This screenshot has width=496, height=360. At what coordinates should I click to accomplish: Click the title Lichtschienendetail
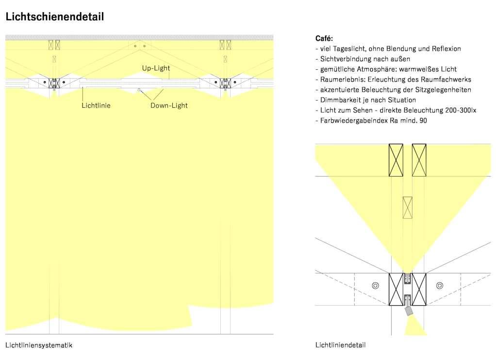tap(54, 17)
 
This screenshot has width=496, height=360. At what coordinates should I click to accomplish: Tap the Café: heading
tap(324, 38)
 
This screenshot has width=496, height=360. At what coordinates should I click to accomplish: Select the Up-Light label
tap(156, 68)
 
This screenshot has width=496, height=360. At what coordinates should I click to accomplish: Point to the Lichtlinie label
tap(96, 105)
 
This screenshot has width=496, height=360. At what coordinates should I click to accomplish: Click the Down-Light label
tap(169, 105)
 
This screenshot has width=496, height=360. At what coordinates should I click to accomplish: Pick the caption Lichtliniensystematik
tap(39, 345)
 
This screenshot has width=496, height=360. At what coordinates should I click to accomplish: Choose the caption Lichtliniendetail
tap(340, 345)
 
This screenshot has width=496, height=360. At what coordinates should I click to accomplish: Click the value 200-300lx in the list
tap(461, 110)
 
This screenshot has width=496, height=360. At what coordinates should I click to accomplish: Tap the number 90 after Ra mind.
tap(423, 120)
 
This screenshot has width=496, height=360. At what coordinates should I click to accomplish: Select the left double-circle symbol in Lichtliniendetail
tap(375, 285)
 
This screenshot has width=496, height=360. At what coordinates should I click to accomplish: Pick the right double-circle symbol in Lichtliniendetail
tap(440, 285)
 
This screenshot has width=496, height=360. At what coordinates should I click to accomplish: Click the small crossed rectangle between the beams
tap(408, 208)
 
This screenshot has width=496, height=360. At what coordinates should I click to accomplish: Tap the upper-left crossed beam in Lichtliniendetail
tap(396, 160)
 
